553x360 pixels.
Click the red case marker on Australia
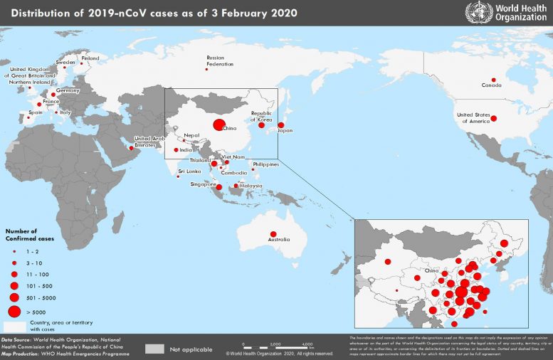(273, 234)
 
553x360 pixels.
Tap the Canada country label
(492, 85)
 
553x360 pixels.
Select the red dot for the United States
(493, 118)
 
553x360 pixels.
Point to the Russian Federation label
(220, 60)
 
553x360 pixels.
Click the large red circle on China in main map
(217, 126)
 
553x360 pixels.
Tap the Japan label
(285, 131)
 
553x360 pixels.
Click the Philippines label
(265, 164)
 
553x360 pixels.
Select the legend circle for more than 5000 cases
(14, 311)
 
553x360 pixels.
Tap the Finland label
(90, 58)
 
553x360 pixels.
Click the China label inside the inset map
(431, 271)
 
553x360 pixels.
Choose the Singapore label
(203, 184)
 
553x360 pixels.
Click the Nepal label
(191, 135)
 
